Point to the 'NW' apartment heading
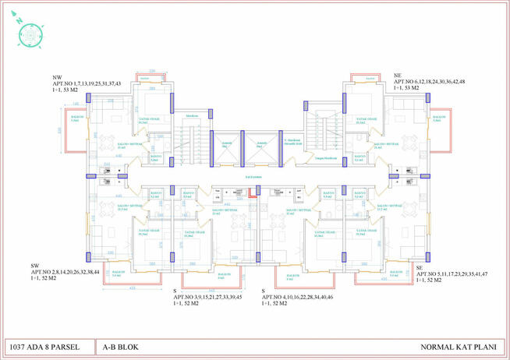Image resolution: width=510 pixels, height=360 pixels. click(x=58, y=77)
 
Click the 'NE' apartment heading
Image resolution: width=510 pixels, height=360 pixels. click(x=398, y=75)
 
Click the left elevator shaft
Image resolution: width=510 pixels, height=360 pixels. click(x=227, y=146)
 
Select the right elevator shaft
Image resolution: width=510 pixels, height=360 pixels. click(x=262, y=146)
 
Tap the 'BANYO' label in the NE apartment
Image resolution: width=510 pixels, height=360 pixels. click(x=359, y=156)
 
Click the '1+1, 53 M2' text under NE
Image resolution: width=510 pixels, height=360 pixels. click(x=407, y=89)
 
